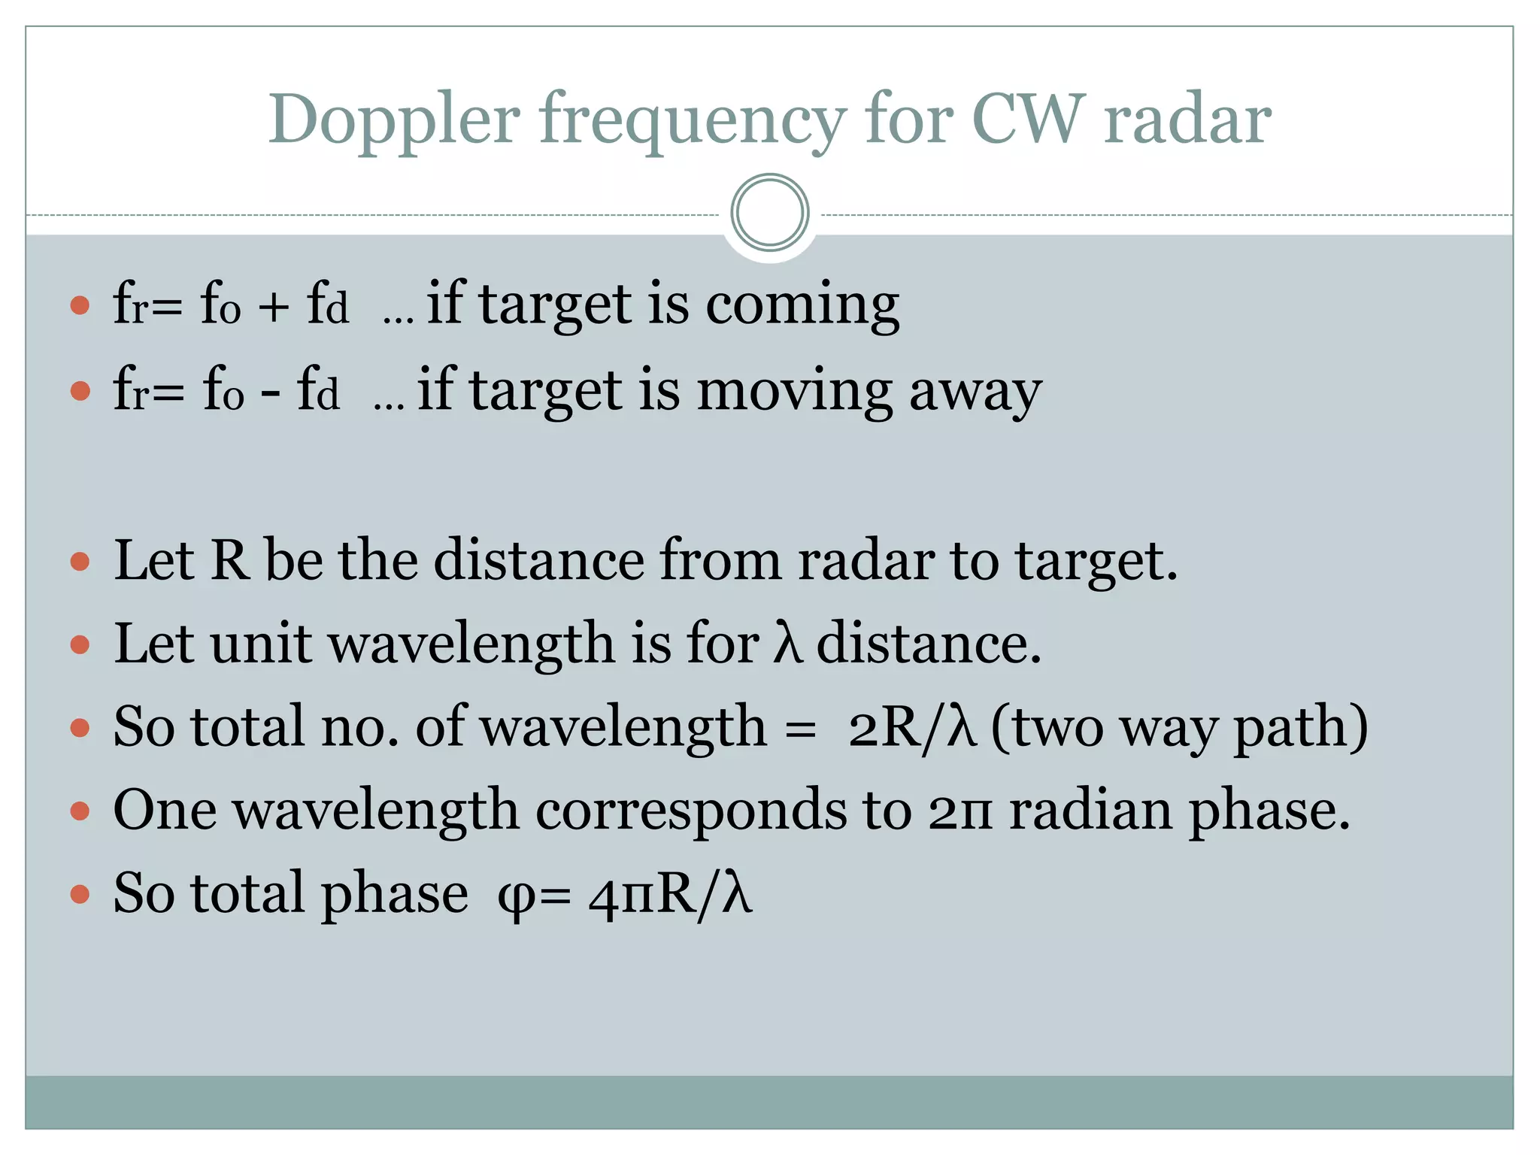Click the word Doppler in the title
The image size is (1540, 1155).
[394, 120]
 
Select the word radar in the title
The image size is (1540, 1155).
[1187, 120]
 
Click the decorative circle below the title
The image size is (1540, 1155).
[769, 213]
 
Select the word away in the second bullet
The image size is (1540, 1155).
[975, 392]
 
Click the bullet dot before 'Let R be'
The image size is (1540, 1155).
[80, 562]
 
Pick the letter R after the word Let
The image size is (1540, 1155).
[229, 561]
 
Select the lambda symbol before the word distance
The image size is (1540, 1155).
[787, 644]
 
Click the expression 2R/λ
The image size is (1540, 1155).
[912, 728]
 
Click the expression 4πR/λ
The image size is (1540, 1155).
[670, 895]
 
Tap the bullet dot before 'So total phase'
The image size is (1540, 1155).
[80, 895]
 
